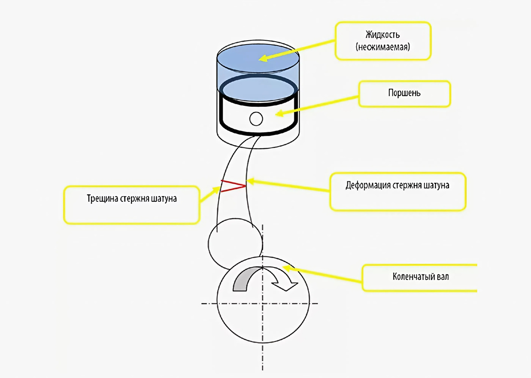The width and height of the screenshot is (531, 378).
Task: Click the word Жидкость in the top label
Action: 383,35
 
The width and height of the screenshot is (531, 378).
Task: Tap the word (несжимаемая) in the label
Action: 383,46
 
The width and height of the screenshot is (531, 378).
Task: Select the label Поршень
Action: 404,94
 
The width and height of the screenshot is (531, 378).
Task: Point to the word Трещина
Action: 102,198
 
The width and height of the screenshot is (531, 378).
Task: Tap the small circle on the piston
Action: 256,119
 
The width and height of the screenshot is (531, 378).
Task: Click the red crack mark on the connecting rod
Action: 233,186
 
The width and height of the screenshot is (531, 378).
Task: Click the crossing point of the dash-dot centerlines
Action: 263,303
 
